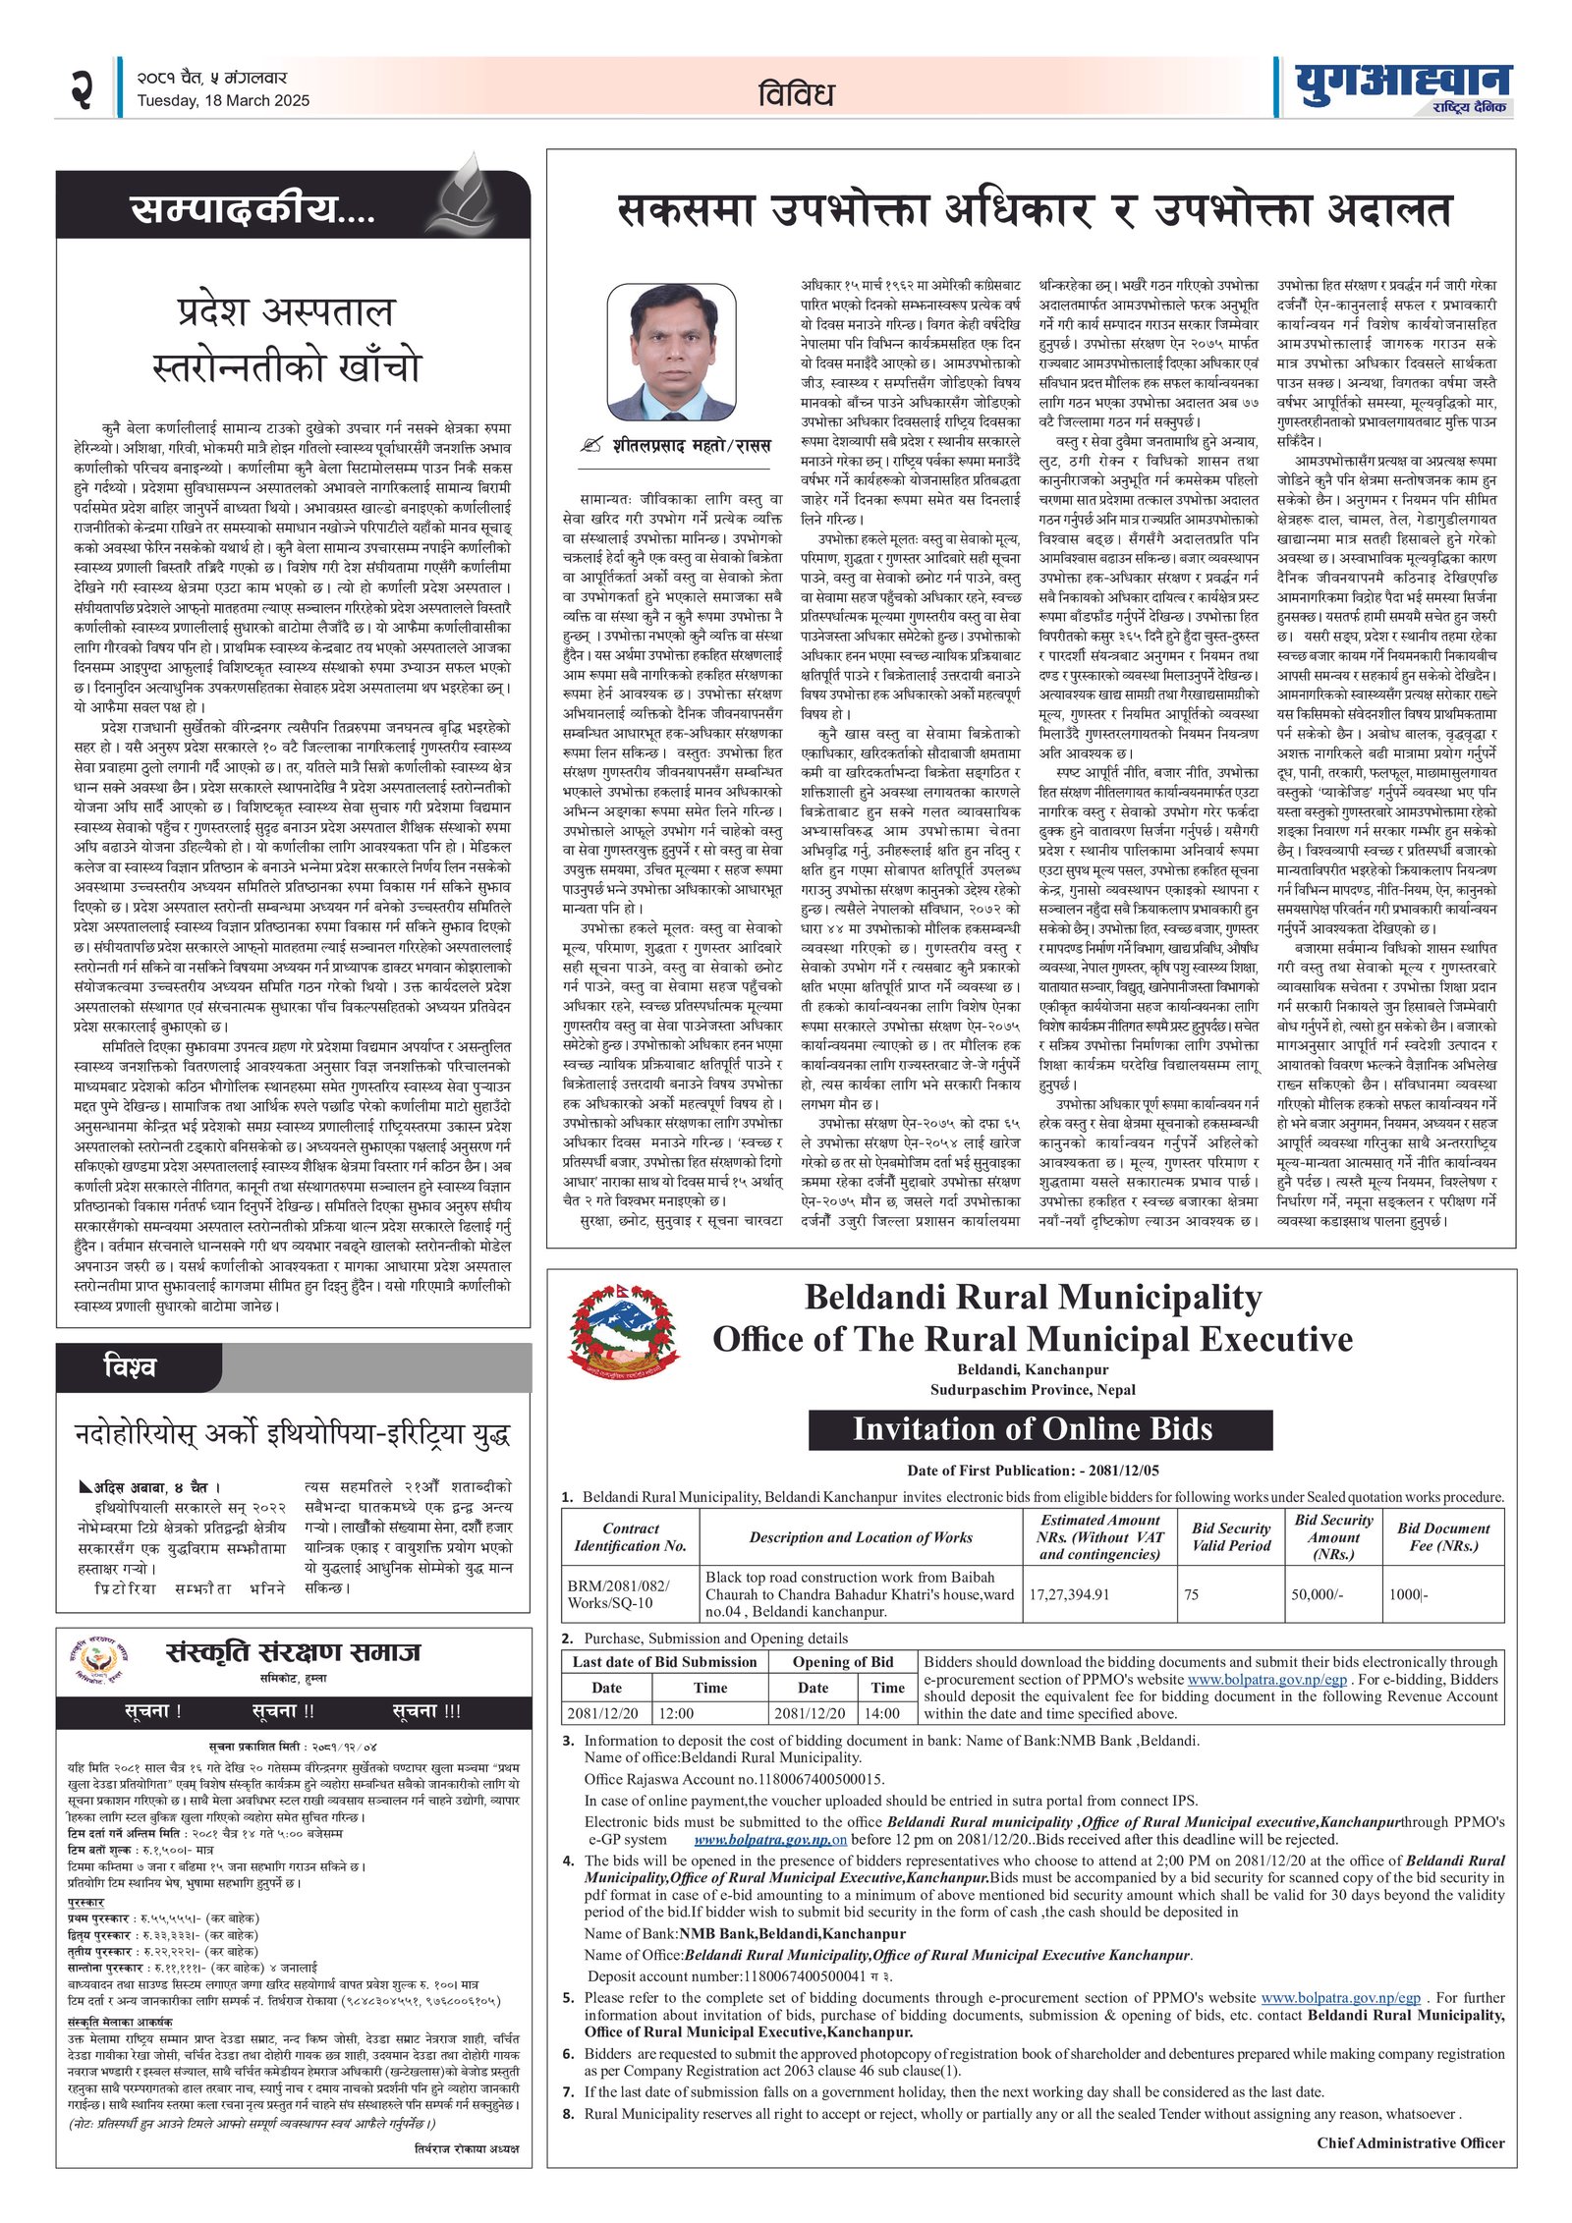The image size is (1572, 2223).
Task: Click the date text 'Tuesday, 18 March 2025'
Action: [x=223, y=100]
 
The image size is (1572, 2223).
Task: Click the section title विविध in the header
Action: [x=796, y=94]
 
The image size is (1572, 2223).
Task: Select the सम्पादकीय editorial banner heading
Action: [x=253, y=210]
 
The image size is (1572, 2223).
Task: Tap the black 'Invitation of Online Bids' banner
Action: [x=1039, y=1429]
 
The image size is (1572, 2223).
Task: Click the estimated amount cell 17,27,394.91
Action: [x=1069, y=1593]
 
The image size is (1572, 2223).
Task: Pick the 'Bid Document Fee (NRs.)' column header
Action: [x=1442, y=1536]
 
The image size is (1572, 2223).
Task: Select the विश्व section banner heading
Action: [x=130, y=1366]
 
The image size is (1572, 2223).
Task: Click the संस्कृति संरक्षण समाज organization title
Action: [x=293, y=1651]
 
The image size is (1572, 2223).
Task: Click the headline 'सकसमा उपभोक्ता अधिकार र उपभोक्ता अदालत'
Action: [x=1034, y=211]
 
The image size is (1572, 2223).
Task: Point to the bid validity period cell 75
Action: [x=1191, y=1593]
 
